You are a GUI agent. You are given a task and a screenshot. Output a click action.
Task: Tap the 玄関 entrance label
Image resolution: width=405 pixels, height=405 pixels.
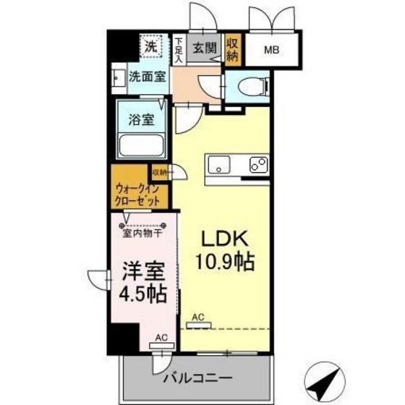tap(205, 48)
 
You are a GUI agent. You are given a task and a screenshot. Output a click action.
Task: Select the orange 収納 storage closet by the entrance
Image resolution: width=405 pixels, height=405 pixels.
tap(232, 48)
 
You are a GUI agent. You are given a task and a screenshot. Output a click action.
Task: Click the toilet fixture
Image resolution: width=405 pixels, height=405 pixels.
tap(250, 85)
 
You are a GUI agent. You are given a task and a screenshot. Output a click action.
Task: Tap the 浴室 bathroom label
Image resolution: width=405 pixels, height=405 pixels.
tap(141, 119)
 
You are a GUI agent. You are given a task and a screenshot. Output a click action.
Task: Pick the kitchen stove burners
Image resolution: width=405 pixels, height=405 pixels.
tap(257, 164)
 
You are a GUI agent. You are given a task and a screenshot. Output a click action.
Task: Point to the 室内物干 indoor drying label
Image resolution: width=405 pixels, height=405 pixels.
tap(142, 233)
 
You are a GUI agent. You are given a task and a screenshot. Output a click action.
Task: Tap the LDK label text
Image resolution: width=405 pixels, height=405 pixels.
tap(224, 239)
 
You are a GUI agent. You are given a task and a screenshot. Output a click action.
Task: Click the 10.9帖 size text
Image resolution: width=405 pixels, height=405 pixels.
tap(224, 262)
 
